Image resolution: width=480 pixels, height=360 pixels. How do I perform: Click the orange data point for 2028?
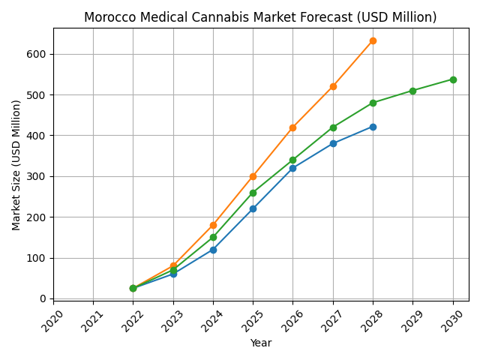(x=373, y=40)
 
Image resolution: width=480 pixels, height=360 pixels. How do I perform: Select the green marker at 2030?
(x=453, y=79)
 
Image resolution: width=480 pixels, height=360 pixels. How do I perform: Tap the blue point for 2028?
(x=373, y=127)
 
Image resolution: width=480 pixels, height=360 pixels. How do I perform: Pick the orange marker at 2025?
(x=253, y=176)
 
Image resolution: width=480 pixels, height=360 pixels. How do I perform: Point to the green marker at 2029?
(x=412, y=91)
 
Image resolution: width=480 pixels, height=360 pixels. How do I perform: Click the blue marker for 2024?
(x=213, y=250)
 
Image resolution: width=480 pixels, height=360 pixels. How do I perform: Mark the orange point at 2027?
(x=333, y=86)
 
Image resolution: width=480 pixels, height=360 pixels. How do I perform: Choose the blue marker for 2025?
(x=253, y=208)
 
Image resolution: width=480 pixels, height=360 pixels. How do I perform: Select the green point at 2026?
(x=292, y=160)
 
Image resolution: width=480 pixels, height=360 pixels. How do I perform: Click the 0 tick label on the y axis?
(x=43, y=298)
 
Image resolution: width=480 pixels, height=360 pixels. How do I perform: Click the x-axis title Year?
(x=261, y=343)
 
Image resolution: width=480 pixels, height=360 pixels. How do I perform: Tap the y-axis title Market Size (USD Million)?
(x=16, y=165)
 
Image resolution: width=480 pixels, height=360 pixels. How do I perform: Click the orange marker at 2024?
(x=213, y=225)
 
